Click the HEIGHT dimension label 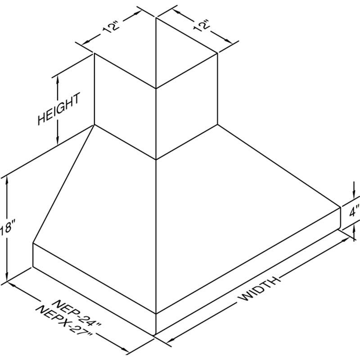pos(59,108)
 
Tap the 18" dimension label pos(5,228)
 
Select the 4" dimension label pos(355,211)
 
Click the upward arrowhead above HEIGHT pos(58,79)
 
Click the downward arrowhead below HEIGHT pos(58,140)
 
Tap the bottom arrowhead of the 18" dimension pos(7,276)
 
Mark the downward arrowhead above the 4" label pos(354,193)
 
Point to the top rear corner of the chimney pos(156,18)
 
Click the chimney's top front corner pos(156,88)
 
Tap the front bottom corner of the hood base pos(156,335)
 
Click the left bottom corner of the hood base pos(33,267)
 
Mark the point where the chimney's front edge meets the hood pos(156,159)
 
